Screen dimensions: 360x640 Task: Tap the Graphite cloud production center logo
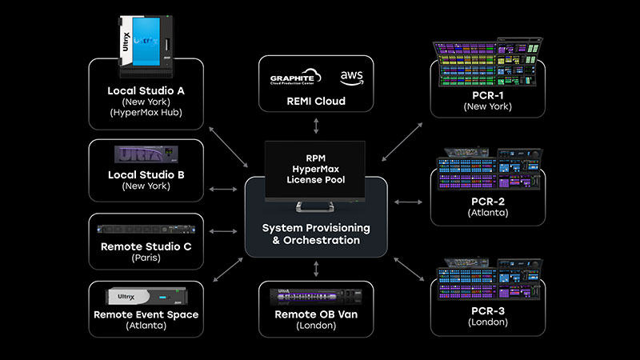pyautogui.click(x=294, y=78)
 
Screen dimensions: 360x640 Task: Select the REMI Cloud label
pyautogui.click(x=316, y=102)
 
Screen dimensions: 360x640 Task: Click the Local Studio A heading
pyautogui.click(x=146, y=90)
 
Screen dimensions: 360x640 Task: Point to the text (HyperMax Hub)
pyautogui.click(x=146, y=114)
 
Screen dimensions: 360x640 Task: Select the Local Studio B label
pyautogui.click(x=146, y=174)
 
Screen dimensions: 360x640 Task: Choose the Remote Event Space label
pyautogui.click(x=146, y=314)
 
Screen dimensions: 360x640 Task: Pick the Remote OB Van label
pyautogui.click(x=316, y=314)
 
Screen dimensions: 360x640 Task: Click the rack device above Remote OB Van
pyautogui.click(x=316, y=296)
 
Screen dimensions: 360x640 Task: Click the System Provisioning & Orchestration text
pyautogui.click(x=316, y=234)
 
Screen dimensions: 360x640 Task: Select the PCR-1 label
pyautogui.click(x=488, y=94)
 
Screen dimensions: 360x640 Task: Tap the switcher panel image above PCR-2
pyautogui.click(x=488, y=172)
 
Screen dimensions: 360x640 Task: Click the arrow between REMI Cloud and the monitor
pyautogui.click(x=316, y=126)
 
